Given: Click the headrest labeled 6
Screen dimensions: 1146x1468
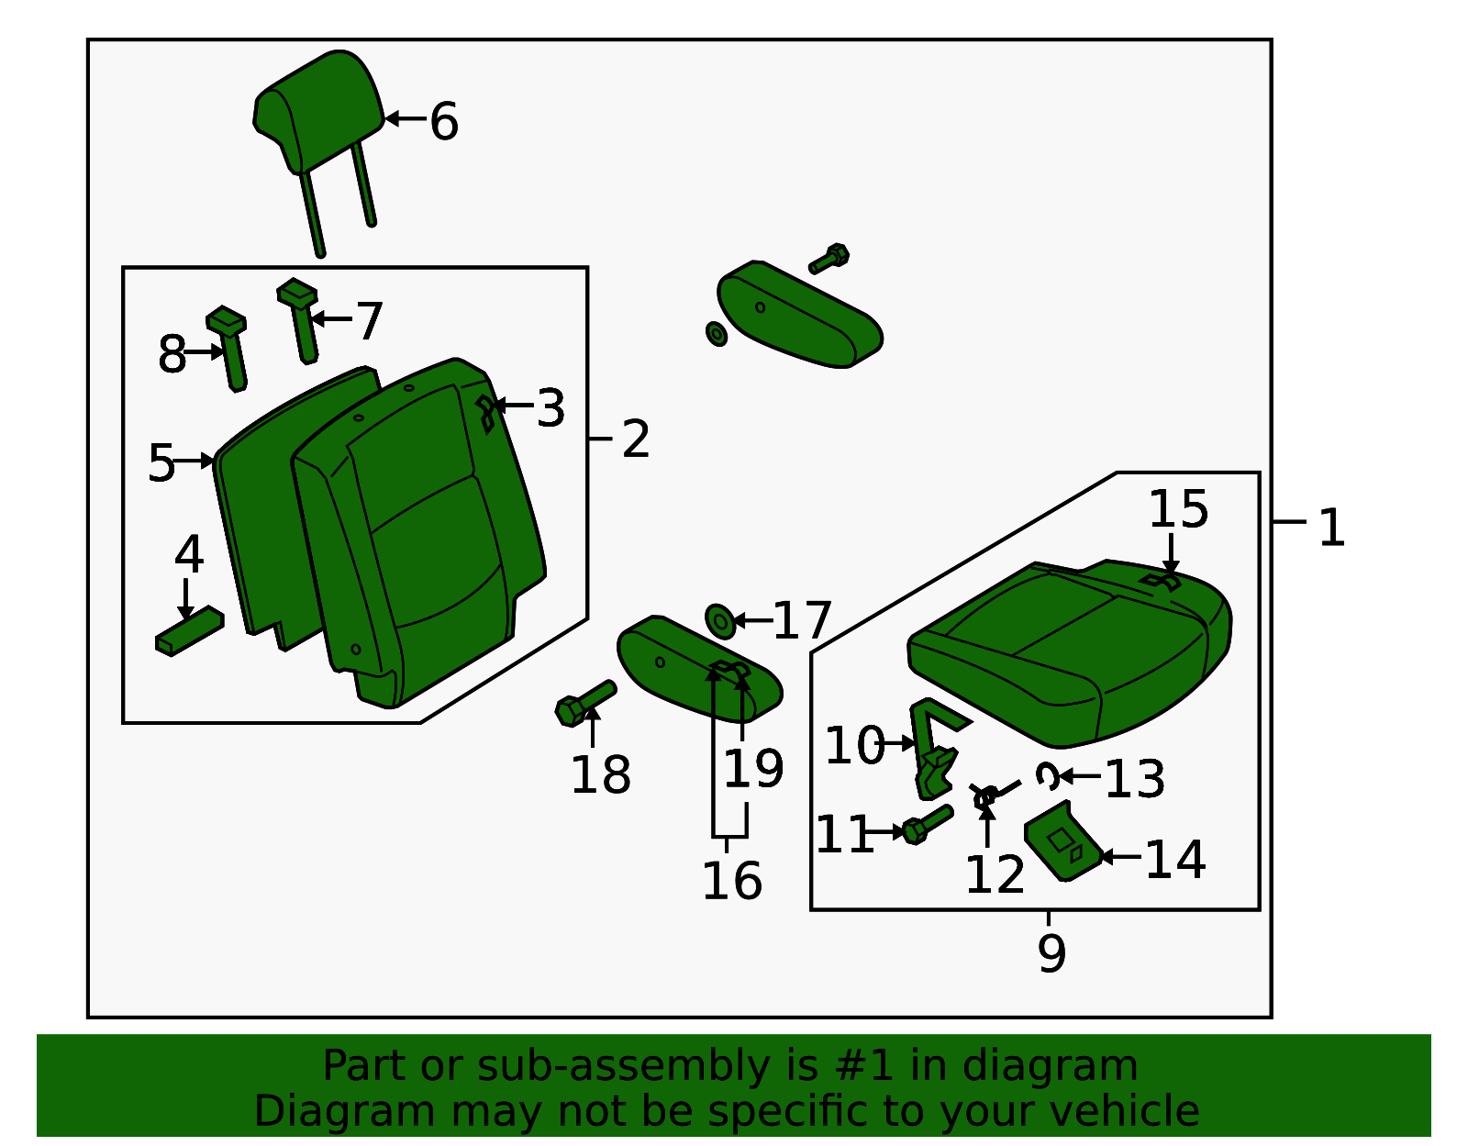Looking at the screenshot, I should coord(317,110).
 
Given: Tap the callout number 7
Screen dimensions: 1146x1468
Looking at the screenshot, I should coord(369,321).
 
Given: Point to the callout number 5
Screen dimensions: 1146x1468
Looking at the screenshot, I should coord(161,463).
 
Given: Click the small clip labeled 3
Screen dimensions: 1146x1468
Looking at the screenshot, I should coord(485,414).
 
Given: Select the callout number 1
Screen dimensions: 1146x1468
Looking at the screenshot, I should coord(1330,528).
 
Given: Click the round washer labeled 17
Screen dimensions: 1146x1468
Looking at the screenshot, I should coord(720,621).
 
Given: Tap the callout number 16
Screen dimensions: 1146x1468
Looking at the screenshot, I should coord(731,881).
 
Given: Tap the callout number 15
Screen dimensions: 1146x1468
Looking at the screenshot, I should coord(1178,509).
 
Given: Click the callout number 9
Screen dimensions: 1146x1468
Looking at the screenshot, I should coord(1051,953).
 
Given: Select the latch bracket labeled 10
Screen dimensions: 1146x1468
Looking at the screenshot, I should coord(933,748).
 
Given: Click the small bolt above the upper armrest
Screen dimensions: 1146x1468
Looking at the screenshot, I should coord(829,259).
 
